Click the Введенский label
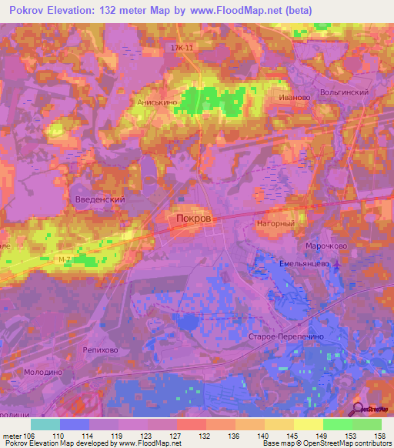(x=99, y=199)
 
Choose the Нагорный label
(x=275, y=223)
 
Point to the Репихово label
(x=100, y=348)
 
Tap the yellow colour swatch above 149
(x=308, y=424)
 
